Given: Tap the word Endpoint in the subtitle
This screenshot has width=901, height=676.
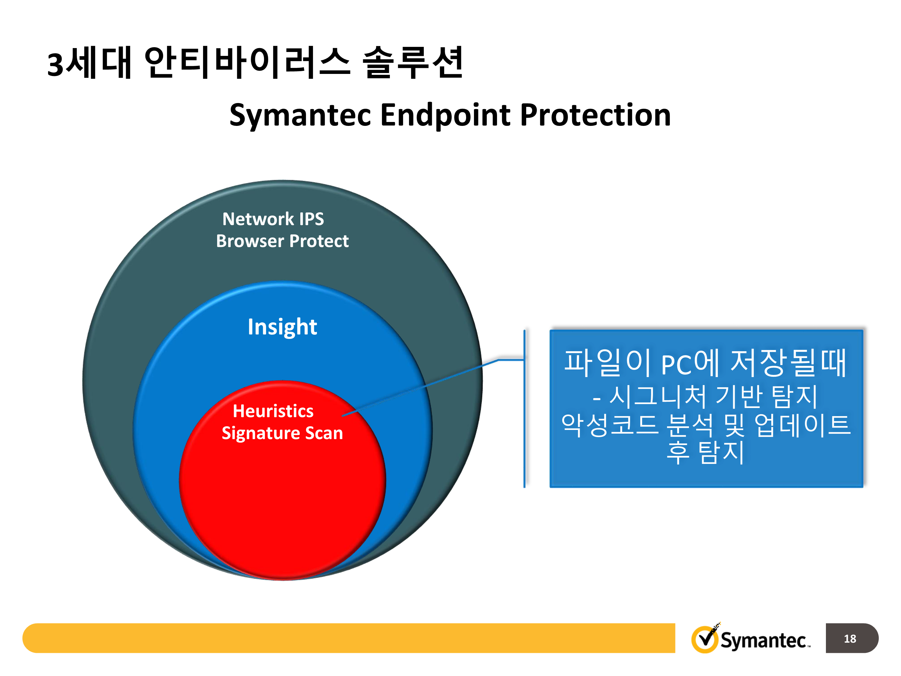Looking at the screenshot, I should (445, 115).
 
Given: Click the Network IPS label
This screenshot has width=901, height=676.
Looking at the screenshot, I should (273, 219).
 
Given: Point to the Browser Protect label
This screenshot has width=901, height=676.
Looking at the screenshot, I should (282, 241).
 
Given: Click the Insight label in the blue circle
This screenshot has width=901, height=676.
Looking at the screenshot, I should (282, 327).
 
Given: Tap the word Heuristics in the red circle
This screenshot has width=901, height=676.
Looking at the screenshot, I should (273, 411).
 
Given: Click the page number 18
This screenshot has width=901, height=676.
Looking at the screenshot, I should (850, 638).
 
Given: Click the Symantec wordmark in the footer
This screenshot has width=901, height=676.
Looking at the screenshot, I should (763, 640).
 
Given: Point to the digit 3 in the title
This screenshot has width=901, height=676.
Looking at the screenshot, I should (55, 64).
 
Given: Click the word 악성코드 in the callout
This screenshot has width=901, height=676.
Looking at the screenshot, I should (609, 425).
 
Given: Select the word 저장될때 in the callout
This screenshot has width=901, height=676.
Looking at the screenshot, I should (788, 363).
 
